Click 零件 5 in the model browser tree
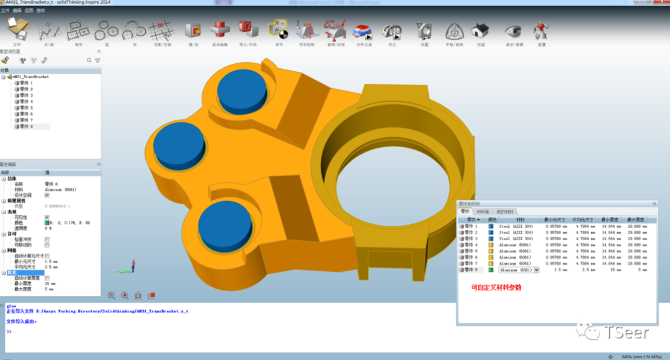tap(27, 108)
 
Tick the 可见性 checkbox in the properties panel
tap(47, 217)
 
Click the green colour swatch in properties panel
tap(47, 223)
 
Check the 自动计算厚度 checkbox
tap(47, 278)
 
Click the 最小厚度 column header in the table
tap(611, 220)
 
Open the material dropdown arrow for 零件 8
tap(537, 270)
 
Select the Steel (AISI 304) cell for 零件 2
tap(516, 233)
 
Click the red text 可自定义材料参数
tap(496, 287)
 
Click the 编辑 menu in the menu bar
tap(17, 11)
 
